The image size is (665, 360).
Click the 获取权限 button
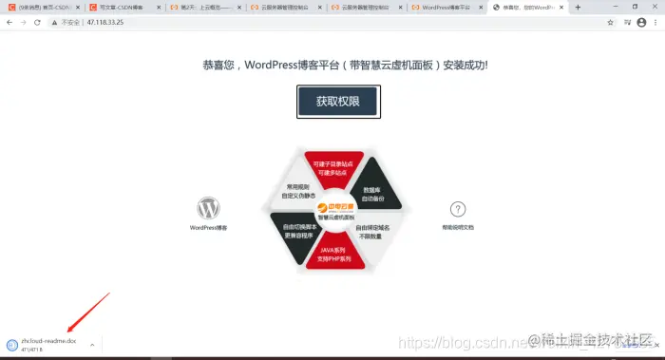pyautogui.click(x=338, y=102)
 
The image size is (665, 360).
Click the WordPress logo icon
pyautogui.click(x=208, y=208)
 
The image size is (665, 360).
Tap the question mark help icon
pyautogui.click(x=458, y=209)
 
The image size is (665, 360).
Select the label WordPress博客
pyautogui.click(x=208, y=228)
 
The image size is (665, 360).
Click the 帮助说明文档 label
pyautogui.click(x=458, y=228)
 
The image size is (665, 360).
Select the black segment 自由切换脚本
pyautogui.click(x=294, y=231)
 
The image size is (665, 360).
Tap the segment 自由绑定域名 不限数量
pyautogui.click(x=372, y=231)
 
